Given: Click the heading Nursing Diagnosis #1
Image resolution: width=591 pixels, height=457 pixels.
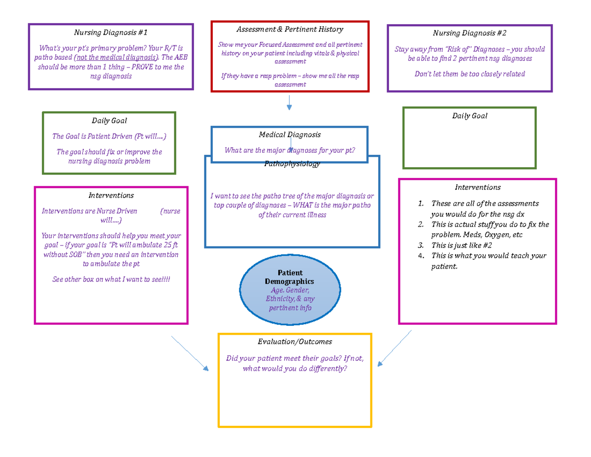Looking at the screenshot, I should coord(110,33).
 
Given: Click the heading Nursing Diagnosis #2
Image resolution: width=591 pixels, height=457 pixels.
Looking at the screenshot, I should coord(469,33).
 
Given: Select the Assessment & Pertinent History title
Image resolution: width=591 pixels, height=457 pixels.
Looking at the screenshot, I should coord(290,30).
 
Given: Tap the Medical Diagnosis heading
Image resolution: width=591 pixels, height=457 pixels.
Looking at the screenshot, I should coord(290,134).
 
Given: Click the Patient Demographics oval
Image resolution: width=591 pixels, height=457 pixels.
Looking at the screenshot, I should coord(290,290).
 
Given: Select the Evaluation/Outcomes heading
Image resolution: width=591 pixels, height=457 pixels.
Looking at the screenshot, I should coord(295,341).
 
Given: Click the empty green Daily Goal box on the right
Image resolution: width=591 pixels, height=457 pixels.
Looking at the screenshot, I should coord(469,143).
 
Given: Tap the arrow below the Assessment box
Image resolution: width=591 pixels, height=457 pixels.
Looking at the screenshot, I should coord(290,102).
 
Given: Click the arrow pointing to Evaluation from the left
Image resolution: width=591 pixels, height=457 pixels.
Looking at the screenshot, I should coord(190,353).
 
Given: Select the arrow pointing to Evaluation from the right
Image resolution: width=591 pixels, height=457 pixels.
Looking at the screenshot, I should coord(394,349).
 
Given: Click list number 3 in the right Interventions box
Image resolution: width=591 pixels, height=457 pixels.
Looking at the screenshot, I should coord(420,245).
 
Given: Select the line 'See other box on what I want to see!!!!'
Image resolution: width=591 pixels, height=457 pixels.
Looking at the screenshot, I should coord(111,280).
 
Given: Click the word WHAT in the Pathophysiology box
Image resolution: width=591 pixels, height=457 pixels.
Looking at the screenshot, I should coord(307,206).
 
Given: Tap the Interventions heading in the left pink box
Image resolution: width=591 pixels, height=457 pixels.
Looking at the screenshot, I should coord(111,195).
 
